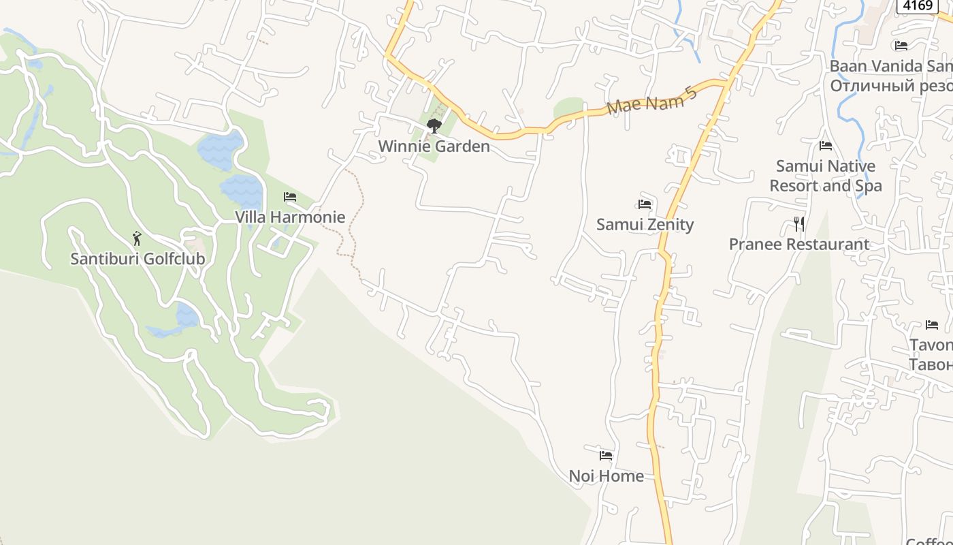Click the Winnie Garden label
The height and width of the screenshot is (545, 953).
434,146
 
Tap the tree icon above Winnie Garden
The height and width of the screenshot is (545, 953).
434,125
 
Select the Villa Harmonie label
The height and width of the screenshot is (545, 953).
290,217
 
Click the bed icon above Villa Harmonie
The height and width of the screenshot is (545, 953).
290,197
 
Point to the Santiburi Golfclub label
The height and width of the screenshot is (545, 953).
138,260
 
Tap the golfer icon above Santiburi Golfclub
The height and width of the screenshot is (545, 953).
137,238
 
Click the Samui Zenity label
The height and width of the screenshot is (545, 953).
645,225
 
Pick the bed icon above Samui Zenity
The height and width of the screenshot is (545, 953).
645,204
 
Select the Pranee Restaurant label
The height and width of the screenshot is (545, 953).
799,245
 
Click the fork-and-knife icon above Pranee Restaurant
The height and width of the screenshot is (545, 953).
799,223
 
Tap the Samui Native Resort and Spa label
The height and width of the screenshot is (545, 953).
826,176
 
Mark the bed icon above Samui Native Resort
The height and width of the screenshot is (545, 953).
826,145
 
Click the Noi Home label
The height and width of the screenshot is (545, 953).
606,476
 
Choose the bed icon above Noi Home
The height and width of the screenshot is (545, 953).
606,455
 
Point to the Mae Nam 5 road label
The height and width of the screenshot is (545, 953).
652,99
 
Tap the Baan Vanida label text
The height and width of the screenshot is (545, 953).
890,66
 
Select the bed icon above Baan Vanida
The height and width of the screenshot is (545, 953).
901,46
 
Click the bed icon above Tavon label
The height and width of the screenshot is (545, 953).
932,325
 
